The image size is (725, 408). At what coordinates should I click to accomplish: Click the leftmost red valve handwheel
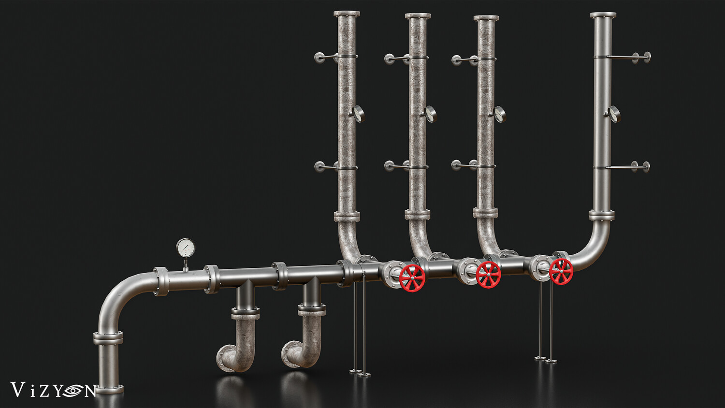[412, 278]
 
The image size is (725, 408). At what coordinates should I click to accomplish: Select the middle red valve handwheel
[488, 275]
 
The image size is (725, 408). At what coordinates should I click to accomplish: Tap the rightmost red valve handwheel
[561, 271]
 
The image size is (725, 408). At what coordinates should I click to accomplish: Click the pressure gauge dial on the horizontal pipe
[186, 248]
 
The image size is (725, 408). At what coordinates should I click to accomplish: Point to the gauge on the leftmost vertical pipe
[358, 114]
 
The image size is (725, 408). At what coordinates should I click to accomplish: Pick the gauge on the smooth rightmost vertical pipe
[614, 114]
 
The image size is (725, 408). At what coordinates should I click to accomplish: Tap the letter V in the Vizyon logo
[18, 389]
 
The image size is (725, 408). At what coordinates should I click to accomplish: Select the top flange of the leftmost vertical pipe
[347, 14]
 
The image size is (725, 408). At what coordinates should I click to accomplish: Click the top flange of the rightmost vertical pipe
[603, 15]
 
